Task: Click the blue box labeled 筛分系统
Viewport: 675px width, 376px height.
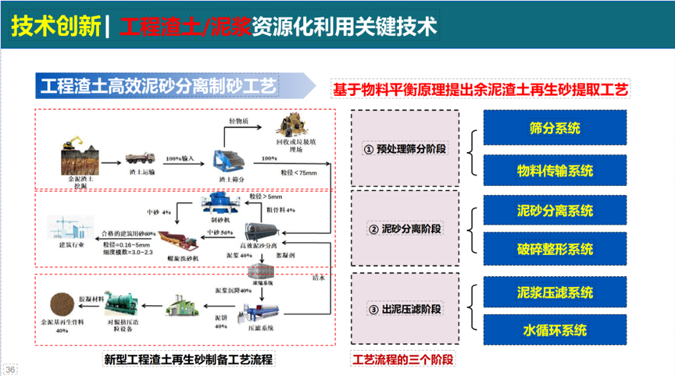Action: pos(555,128)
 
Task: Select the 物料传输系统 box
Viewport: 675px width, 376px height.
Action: pos(555,169)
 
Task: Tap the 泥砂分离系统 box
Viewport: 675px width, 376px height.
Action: pos(555,211)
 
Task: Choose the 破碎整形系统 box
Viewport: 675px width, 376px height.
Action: pos(555,250)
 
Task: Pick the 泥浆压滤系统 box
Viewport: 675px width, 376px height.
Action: pos(555,293)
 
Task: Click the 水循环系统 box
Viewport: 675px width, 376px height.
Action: pos(555,330)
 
